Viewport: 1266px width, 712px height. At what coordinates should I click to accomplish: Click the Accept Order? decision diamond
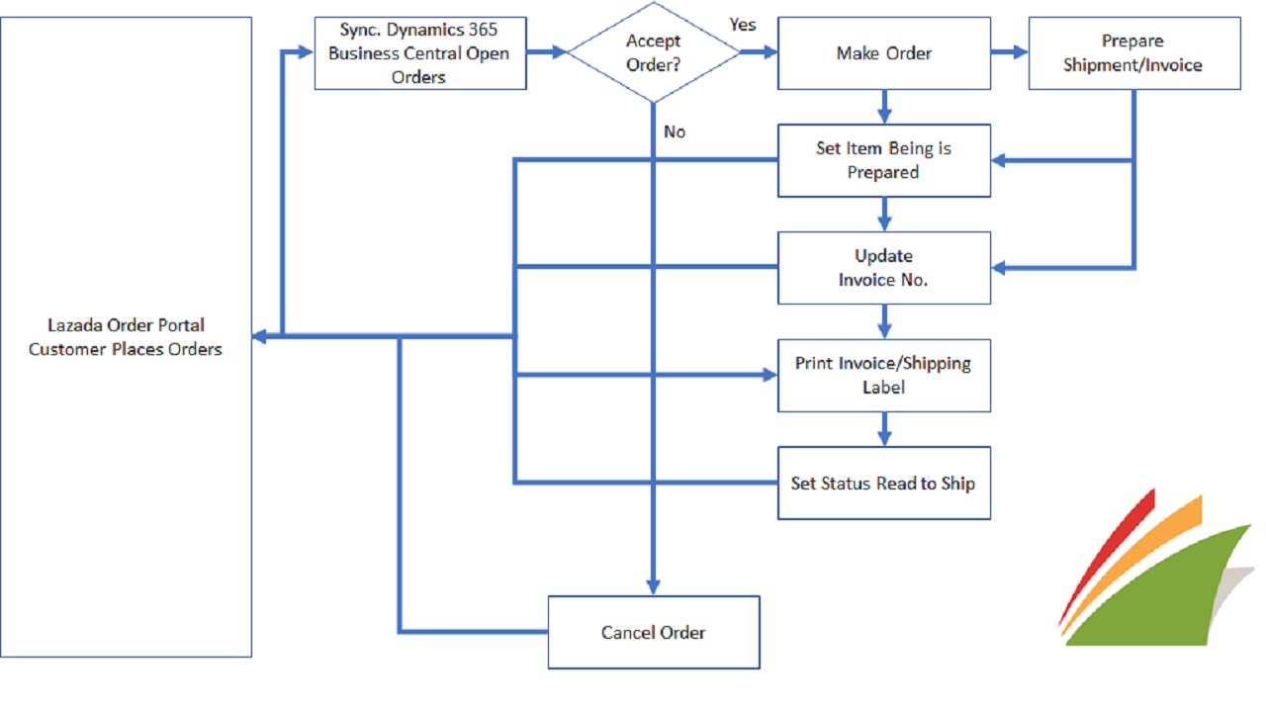pyautogui.click(x=654, y=53)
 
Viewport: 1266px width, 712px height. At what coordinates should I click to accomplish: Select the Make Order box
pyautogui.click(x=883, y=53)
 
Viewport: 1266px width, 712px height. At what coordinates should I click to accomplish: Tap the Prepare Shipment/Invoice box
pyautogui.click(x=1133, y=53)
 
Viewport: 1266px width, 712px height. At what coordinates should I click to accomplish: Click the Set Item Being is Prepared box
pyautogui.click(x=883, y=160)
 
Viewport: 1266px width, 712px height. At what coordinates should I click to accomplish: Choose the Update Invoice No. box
pyautogui.click(x=883, y=267)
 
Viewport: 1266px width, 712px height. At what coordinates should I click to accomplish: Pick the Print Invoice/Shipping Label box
pyautogui.click(x=883, y=375)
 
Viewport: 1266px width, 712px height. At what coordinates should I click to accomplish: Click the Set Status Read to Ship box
pyautogui.click(x=883, y=484)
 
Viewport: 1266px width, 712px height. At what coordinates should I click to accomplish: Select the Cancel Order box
pyautogui.click(x=654, y=632)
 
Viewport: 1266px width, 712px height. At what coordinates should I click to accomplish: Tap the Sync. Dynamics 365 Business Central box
pyautogui.click(x=419, y=53)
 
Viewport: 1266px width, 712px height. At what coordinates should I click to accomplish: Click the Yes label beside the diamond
pyautogui.click(x=743, y=24)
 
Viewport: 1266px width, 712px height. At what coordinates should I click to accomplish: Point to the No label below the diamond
pyautogui.click(x=675, y=132)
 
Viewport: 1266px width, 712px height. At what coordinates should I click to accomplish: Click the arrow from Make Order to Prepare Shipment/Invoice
pyautogui.click(x=1009, y=52)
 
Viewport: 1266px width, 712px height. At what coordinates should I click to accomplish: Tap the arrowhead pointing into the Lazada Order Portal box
pyautogui.click(x=259, y=336)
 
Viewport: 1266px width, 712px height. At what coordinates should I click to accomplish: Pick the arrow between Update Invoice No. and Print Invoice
pyautogui.click(x=884, y=321)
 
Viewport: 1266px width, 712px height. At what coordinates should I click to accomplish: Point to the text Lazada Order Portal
pyautogui.click(x=126, y=325)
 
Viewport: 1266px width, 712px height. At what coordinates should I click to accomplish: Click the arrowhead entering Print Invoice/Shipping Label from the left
pyautogui.click(x=769, y=375)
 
